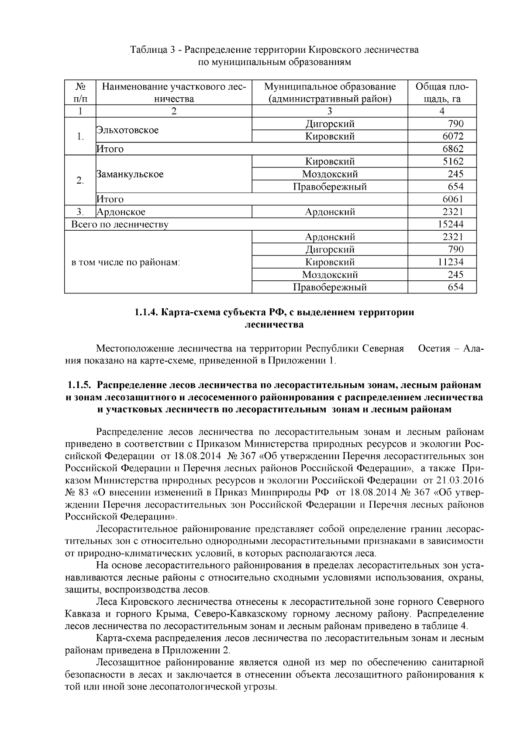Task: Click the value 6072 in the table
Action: (453, 136)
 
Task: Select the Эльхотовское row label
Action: (128, 130)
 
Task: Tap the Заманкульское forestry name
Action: (130, 174)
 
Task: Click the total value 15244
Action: (450, 225)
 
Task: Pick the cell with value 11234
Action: (450, 262)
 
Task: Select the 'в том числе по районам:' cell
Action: (126, 263)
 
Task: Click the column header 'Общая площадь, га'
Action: (442, 92)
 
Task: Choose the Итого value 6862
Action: (453, 149)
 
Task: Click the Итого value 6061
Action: (453, 199)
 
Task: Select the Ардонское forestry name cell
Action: (121, 212)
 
